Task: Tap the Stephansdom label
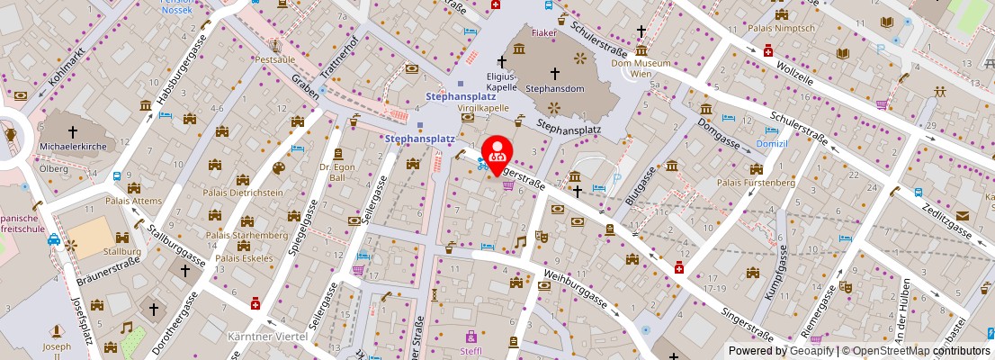click(x=555, y=89)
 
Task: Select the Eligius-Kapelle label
click(x=501, y=83)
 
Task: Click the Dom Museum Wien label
click(x=641, y=68)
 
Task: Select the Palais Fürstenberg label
click(x=755, y=183)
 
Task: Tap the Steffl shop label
click(x=471, y=351)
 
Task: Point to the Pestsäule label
click(x=274, y=58)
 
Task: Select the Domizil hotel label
click(x=747, y=144)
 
